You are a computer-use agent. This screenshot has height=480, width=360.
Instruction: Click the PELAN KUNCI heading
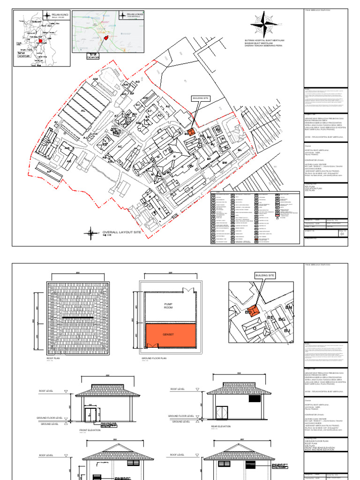tap(60, 15)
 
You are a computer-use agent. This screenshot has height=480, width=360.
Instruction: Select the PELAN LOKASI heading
tap(135, 15)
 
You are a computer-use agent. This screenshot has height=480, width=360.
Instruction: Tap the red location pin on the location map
tap(106, 38)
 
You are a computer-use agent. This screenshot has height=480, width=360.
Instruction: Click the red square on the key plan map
tap(40, 41)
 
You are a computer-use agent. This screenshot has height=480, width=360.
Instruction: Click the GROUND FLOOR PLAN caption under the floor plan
tap(154, 358)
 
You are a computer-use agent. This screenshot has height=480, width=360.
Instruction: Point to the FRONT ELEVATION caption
tap(90, 430)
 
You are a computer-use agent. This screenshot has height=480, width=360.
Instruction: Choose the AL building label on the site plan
tap(83, 111)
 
